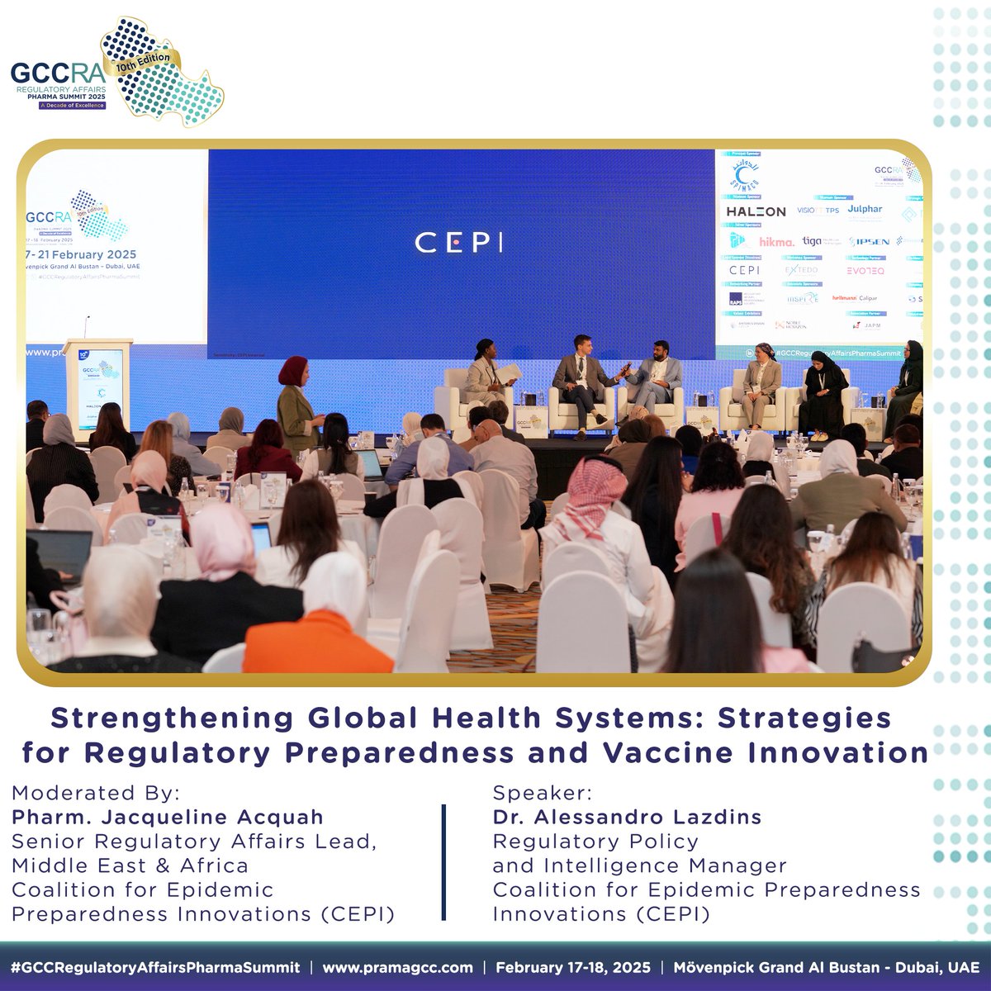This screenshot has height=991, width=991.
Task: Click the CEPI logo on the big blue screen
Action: (x=458, y=242)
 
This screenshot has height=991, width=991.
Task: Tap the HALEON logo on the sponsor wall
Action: (x=756, y=211)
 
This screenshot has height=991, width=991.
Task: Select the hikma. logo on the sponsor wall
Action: (x=775, y=242)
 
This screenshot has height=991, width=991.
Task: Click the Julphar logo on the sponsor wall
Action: (x=865, y=210)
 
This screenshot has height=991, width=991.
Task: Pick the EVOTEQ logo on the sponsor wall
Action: (x=865, y=271)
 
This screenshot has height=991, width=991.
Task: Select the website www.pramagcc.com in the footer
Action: (x=397, y=967)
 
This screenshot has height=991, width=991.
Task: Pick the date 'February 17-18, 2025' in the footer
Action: (x=572, y=967)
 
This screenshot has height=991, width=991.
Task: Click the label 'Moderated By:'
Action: (x=95, y=794)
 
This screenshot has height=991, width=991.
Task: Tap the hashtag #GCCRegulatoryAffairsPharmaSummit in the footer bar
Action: (x=155, y=967)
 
